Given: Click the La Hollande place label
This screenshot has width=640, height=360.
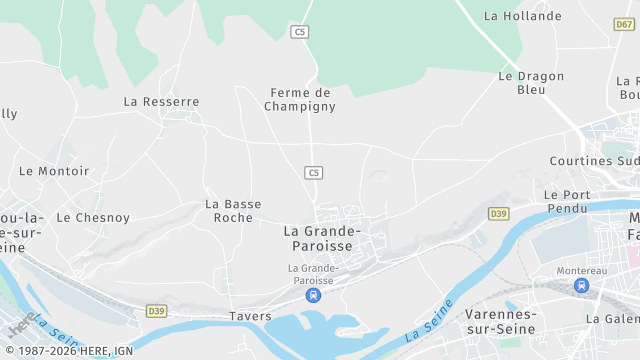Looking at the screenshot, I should point(522,16).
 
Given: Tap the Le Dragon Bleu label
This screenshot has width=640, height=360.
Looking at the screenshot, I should point(530,82).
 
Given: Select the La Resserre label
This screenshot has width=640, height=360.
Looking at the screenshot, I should point(161,101).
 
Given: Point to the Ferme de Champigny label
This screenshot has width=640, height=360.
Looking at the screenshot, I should point(300,98).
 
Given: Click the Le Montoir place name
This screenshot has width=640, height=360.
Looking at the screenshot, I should point(54,171).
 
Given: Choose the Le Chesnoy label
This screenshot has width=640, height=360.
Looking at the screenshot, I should point(93,217).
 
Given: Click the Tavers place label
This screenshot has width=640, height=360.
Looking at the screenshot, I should point(250,316).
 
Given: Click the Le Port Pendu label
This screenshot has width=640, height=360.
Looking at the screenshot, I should point(566,201).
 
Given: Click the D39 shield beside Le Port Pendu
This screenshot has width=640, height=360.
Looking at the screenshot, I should point(499,214).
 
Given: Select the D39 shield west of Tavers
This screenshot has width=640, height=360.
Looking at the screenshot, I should point(156,311).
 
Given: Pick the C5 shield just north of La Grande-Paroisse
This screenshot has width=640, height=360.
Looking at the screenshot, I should point(314,173).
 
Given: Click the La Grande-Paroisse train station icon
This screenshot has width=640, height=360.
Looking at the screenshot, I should point(314,296).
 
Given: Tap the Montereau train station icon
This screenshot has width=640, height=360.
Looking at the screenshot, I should point(581,286).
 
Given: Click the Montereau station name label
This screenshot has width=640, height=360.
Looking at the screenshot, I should point(581,270).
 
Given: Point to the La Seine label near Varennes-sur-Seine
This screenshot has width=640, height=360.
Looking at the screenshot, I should point(431,317).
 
